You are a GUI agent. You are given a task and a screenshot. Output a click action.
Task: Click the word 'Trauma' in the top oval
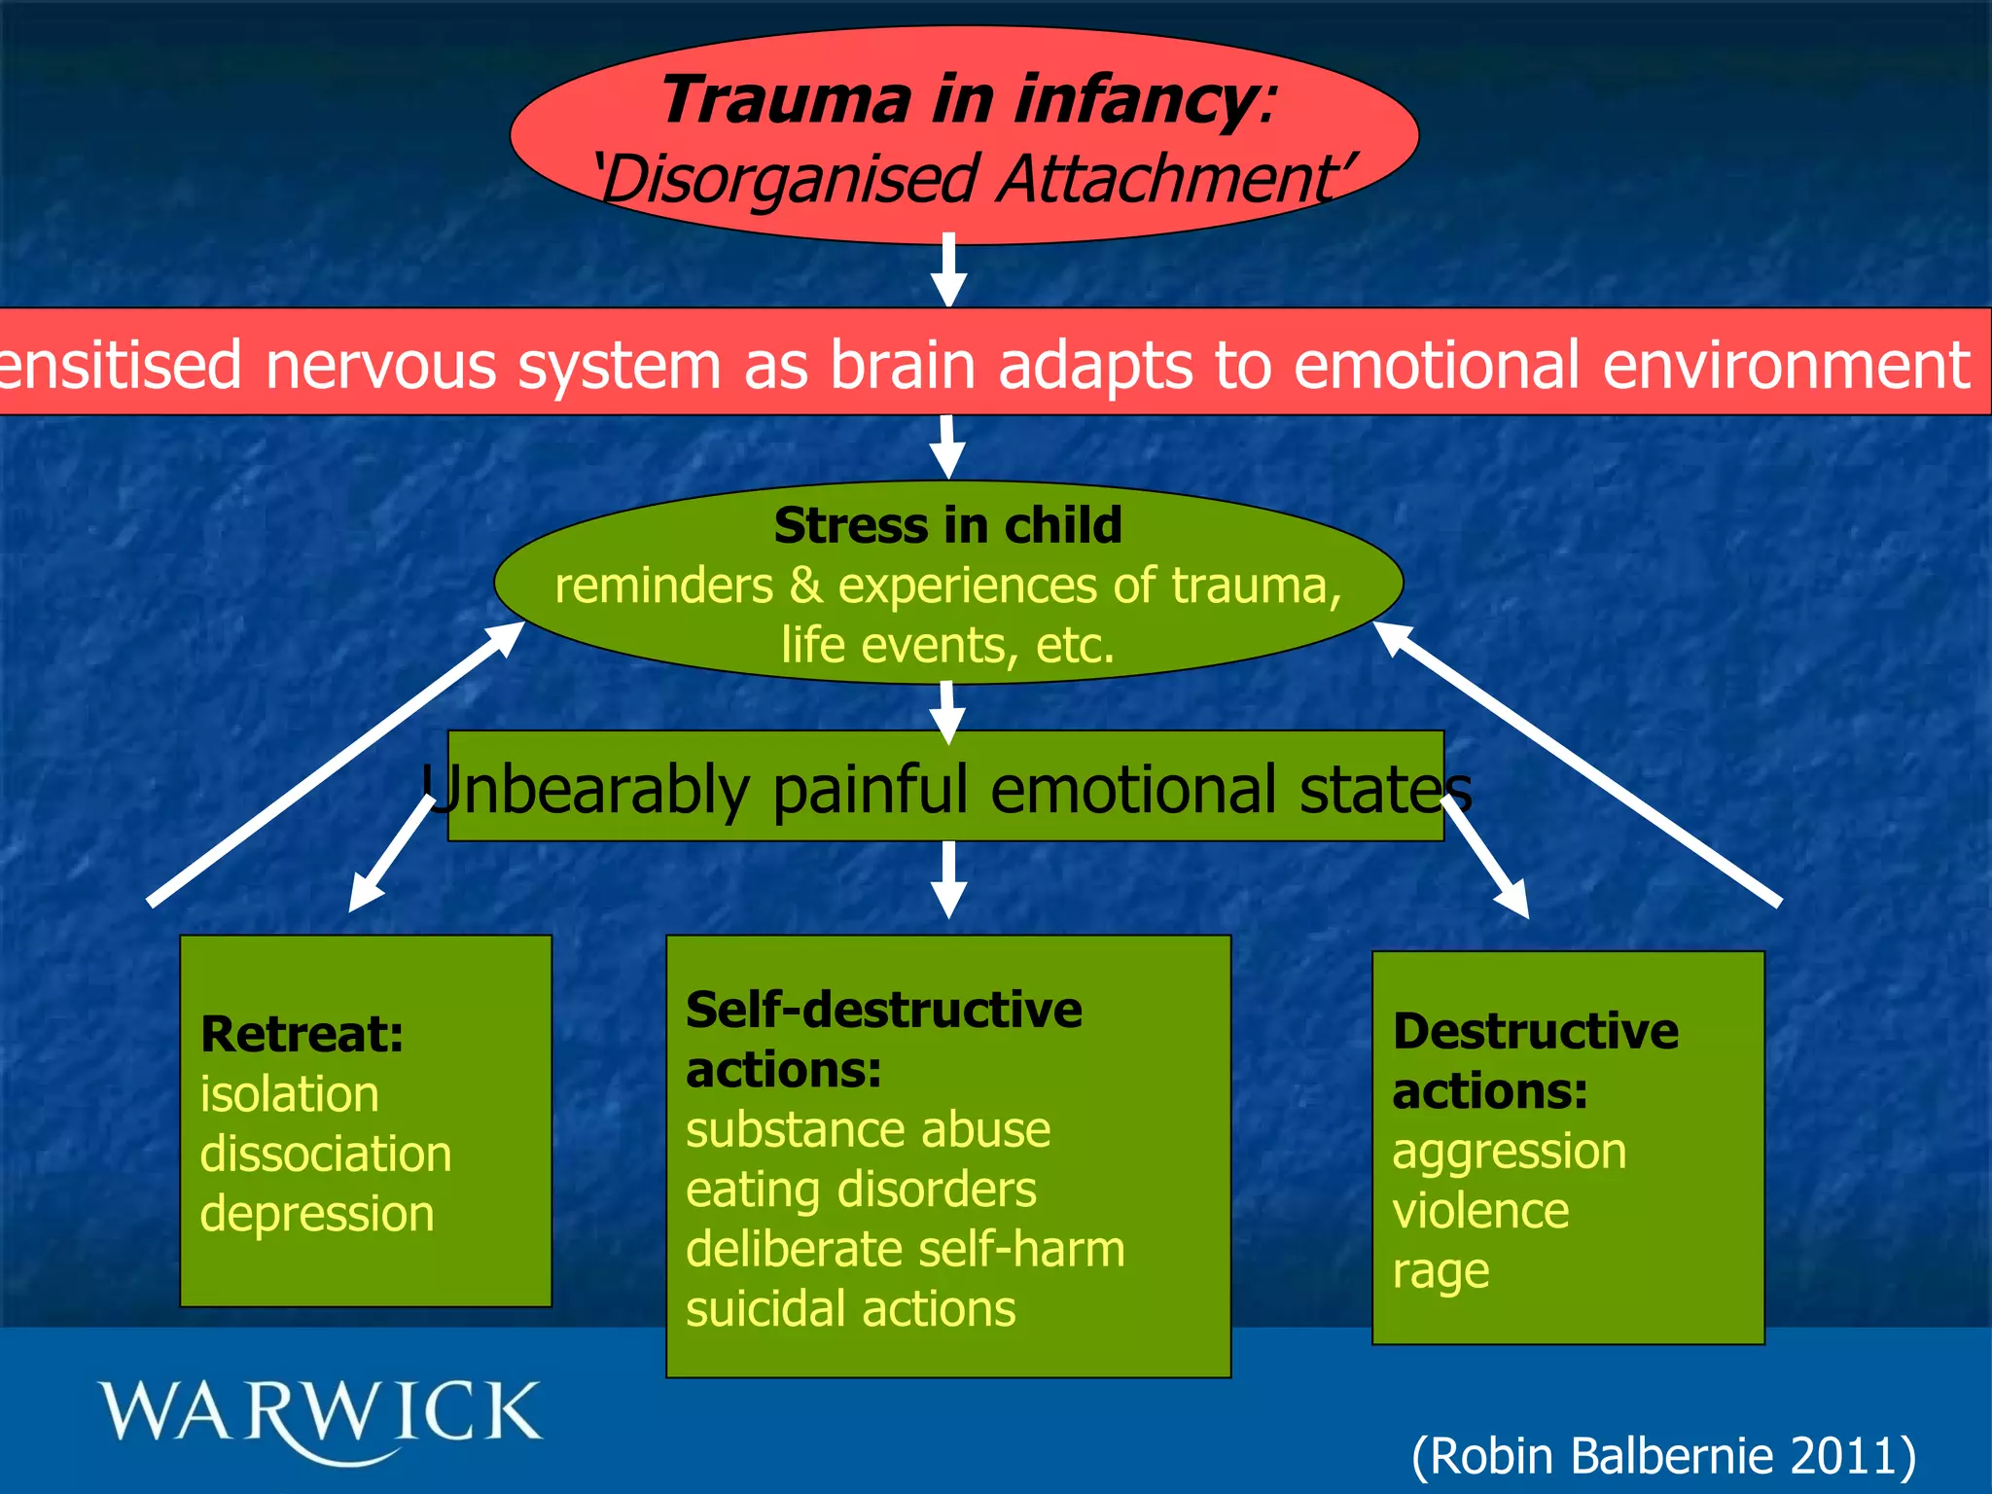(x=786, y=100)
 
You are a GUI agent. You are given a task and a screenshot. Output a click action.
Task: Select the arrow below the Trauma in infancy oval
(x=948, y=270)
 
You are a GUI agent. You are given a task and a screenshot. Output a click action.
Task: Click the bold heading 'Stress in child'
(x=948, y=525)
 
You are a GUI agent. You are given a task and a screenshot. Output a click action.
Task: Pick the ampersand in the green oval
(x=804, y=586)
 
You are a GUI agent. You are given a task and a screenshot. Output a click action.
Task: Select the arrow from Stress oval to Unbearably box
(x=947, y=712)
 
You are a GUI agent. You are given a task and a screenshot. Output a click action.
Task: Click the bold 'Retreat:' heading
(x=302, y=1034)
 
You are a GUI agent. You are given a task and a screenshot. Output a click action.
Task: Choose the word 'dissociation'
(x=326, y=1154)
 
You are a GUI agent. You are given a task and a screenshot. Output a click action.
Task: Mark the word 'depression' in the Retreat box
(x=317, y=1215)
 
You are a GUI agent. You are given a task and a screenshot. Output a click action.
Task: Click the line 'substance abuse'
(x=868, y=1130)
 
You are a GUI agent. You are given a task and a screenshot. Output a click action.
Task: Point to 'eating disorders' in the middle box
(x=861, y=1190)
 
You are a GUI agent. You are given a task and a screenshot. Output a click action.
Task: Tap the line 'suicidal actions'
(x=850, y=1309)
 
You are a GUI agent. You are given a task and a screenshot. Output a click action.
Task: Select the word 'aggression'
(x=1509, y=1153)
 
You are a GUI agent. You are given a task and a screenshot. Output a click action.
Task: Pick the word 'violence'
(x=1480, y=1212)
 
